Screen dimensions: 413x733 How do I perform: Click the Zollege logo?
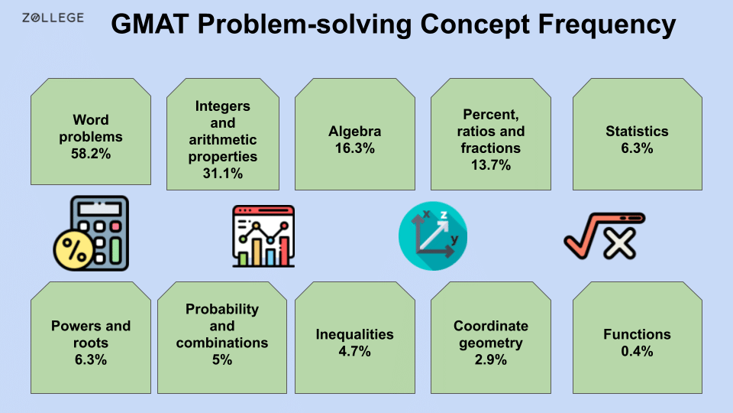coord(53,18)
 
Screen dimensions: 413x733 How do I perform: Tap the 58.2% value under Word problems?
coord(91,153)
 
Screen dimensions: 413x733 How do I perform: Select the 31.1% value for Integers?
coord(223,174)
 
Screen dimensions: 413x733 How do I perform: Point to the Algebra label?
coord(354,131)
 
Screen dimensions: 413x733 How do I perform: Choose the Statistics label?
coord(637,131)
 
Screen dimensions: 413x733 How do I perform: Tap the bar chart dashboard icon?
coord(263,236)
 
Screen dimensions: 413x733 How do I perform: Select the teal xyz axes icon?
coord(433,236)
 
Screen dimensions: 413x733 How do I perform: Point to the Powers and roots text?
coord(91,334)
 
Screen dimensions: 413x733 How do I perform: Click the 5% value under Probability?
coord(222,359)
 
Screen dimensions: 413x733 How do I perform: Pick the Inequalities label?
coord(354,334)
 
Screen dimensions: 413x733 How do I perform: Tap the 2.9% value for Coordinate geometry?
coord(490,359)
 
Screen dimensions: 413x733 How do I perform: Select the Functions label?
coord(637,334)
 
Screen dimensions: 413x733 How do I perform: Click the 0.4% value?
coord(637,352)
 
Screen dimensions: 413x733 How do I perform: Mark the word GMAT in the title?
coord(150,24)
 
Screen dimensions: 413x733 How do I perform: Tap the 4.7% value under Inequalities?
coord(354,352)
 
